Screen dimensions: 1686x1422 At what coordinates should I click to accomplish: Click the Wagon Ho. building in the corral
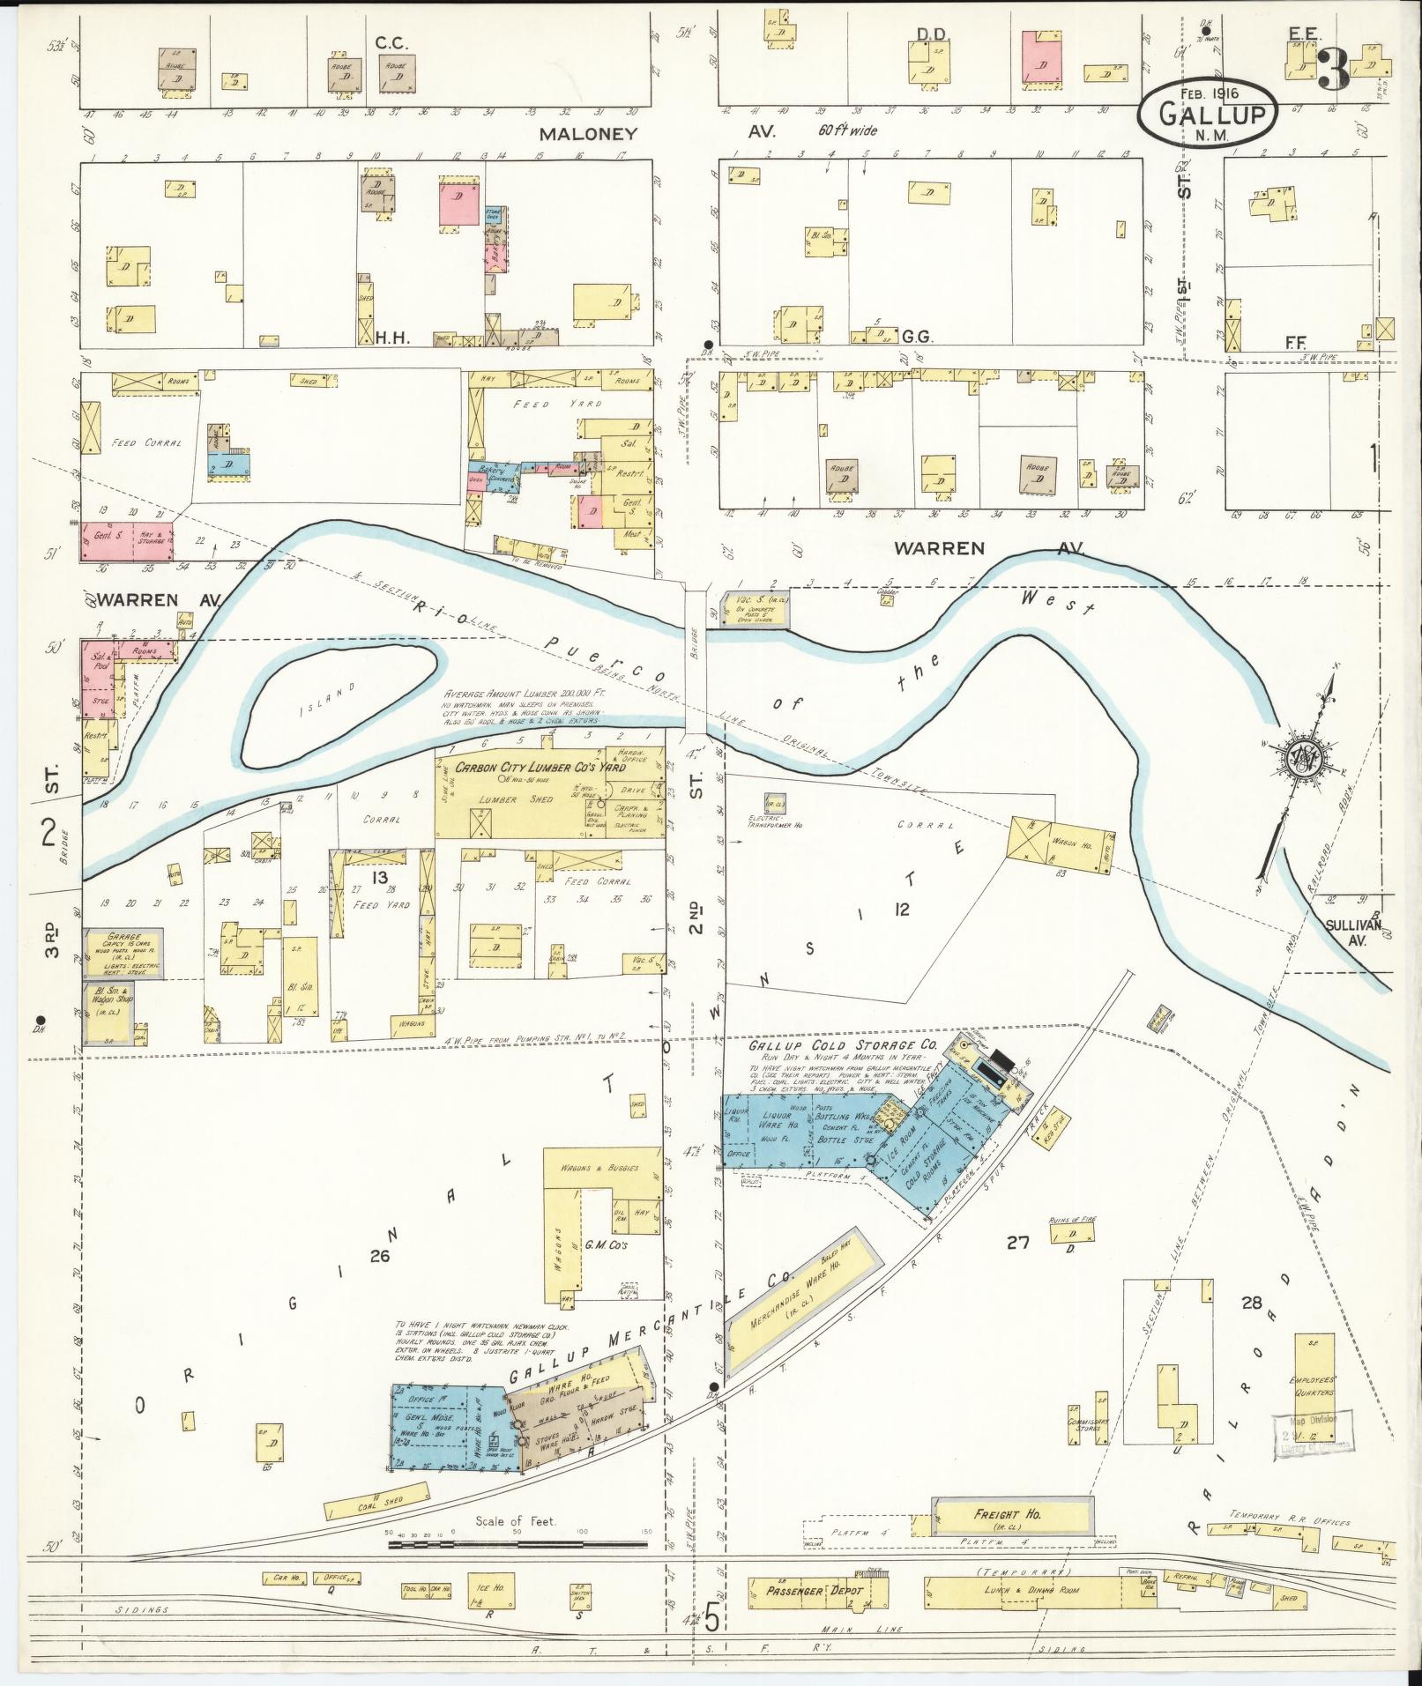click(x=1058, y=844)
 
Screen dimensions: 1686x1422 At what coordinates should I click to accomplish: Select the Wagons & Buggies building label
click(x=601, y=1168)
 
